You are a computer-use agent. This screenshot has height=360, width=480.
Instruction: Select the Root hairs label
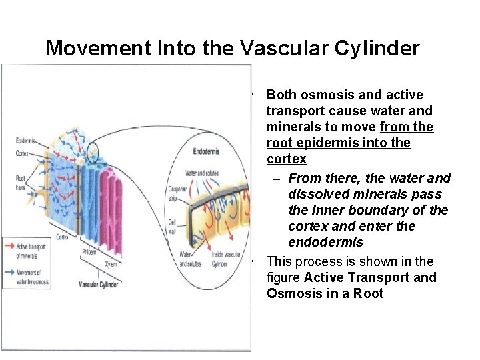click(21, 181)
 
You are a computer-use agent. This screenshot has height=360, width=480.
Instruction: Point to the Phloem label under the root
click(89, 251)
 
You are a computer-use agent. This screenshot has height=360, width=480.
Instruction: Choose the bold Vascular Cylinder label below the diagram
click(99, 285)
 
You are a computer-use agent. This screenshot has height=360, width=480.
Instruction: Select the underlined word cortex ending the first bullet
click(287, 159)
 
